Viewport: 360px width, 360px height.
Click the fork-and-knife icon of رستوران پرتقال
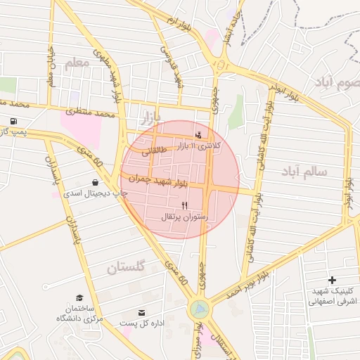(x=184, y=205)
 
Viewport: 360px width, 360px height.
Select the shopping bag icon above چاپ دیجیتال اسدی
(x=95, y=183)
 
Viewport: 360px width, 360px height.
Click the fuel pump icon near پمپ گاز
(x=13, y=121)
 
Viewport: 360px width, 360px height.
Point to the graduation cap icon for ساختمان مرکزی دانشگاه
(x=79, y=298)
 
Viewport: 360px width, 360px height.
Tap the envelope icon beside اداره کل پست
(x=143, y=312)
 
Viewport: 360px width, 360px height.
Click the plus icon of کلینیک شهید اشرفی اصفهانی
(x=332, y=280)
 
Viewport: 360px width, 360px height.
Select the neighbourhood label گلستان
(x=126, y=267)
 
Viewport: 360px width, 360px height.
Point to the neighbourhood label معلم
(x=77, y=65)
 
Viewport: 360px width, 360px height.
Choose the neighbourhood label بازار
(x=150, y=115)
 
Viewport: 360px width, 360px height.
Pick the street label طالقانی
(x=155, y=150)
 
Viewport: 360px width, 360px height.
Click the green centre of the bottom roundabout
(x=199, y=308)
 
